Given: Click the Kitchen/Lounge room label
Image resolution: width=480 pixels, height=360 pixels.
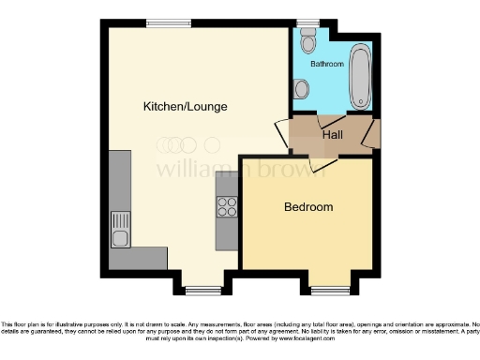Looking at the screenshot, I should coord(185,107).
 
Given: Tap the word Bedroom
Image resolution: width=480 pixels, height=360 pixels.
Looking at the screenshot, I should coord(308,207).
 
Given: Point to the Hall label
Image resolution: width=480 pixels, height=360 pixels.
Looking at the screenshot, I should coord(332,135).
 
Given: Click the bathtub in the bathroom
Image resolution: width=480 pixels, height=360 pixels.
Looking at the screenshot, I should coord(360,74).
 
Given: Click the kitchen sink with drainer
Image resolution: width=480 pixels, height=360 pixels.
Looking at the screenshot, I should coord(120,228).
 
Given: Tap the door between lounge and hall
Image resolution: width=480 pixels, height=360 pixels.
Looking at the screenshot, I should coord(281,132).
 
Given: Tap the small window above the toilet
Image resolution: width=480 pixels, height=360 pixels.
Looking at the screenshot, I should coord(307,22).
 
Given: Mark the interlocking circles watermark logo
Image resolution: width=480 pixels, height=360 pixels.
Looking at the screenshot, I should coord(188,145).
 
